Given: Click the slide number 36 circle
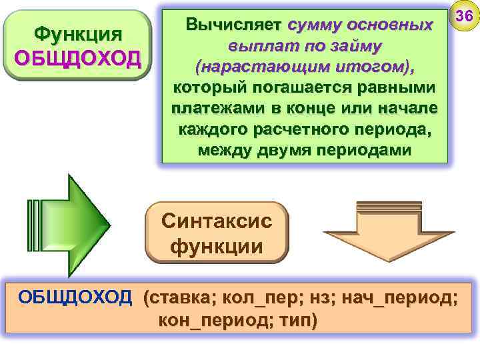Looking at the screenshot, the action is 464,16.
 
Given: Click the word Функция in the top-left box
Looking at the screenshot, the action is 77,33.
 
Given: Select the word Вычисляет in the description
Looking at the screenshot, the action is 234,25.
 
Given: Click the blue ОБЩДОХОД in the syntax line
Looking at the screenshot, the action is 75,297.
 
